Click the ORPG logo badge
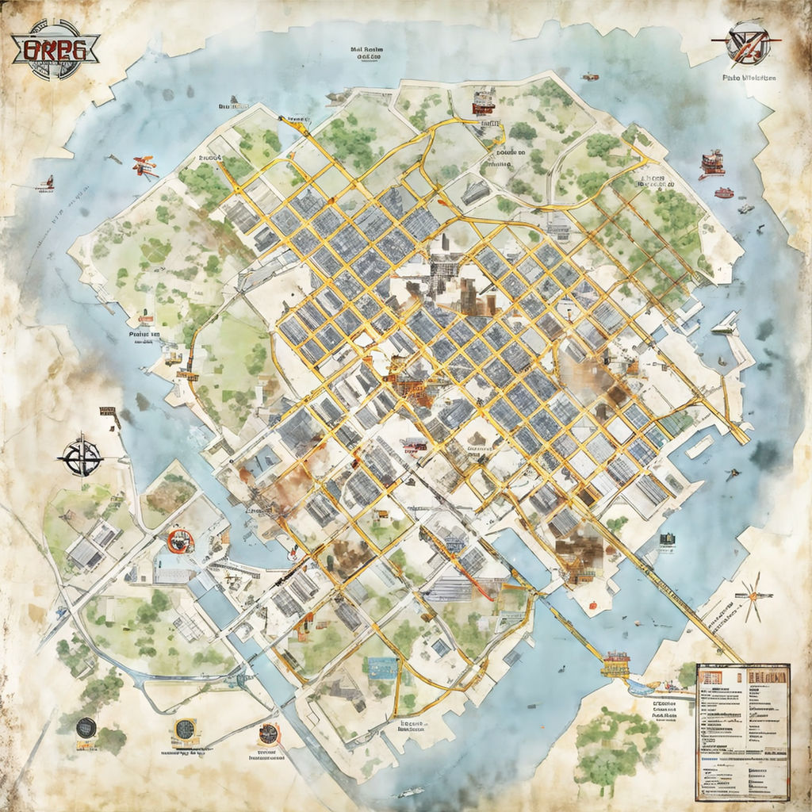click(56, 49)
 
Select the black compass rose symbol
click(81, 457)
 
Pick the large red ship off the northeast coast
click(711, 163)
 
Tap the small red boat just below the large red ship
click(723, 193)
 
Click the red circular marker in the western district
click(181, 542)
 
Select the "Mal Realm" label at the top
click(370, 52)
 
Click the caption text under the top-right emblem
click(749, 78)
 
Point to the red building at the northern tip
click(482, 101)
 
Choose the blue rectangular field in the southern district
click(383, 667)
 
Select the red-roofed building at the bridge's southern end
click(615, 663)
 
